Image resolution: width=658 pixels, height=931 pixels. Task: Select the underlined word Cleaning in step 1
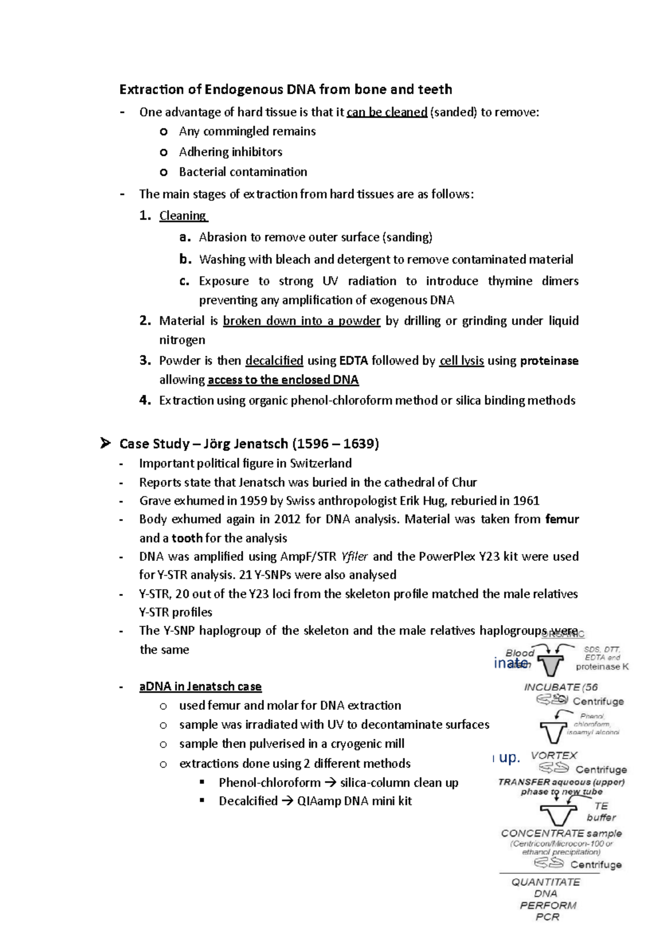tap(183, 215)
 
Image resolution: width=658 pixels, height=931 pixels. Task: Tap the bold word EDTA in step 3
tap(353, 361)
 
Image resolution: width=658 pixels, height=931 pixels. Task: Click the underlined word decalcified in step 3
tap(274, 361)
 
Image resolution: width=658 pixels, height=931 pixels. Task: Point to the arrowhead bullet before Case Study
tap(105, 443)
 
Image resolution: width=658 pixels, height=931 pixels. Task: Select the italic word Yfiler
tap(354, 557)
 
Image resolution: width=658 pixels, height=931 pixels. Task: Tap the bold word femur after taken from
tap(562, 519)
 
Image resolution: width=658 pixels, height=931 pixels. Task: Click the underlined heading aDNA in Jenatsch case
tap(200, 686)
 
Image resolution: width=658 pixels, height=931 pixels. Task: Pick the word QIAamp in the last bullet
tap(316, 801)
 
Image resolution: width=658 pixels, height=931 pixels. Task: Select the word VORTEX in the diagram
tap(554, 756)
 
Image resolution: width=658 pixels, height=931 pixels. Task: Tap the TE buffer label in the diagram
tap(602, 811)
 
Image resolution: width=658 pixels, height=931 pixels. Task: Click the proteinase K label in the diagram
tap(602, 667)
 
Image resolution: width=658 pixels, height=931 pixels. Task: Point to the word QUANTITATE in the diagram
tap(546, 882)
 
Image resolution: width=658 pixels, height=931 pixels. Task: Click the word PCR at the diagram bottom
tap(547, 917)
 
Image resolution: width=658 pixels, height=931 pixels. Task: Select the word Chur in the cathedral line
tap(464, 482)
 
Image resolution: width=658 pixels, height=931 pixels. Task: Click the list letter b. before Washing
tap(185, 259)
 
